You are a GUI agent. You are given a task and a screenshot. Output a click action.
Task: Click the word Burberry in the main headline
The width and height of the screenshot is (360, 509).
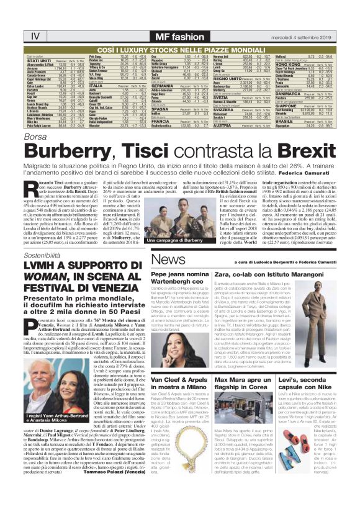(69, 151)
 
